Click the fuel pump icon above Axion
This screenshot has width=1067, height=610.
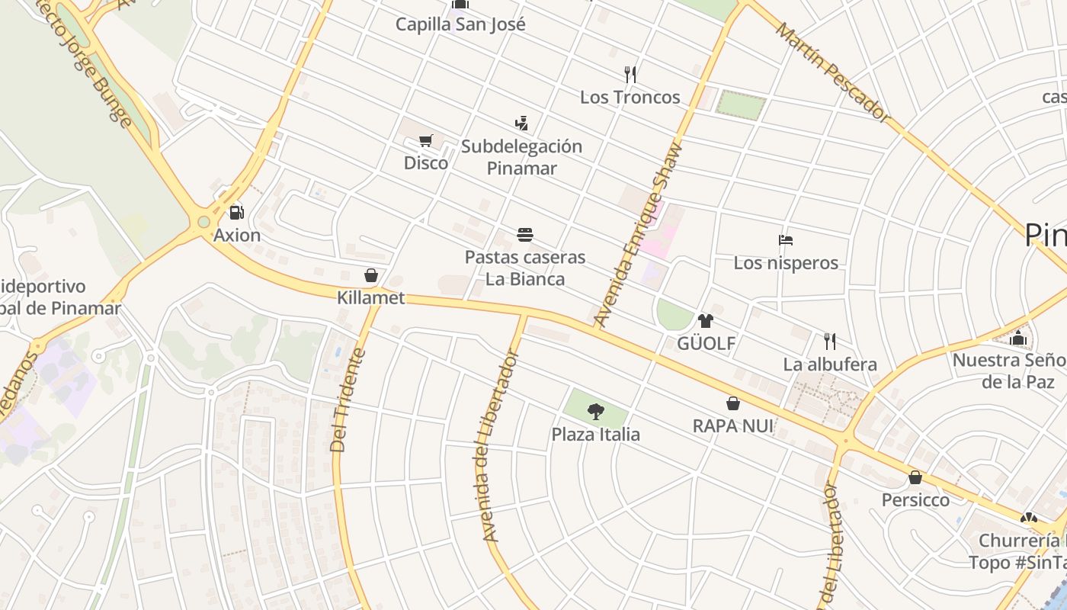click(x=236, y=213)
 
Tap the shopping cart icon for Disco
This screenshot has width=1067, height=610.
click(x=426, y=141)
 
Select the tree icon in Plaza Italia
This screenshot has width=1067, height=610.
click(x=596, y=412)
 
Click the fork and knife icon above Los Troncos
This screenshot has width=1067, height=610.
click(x=630, y=74)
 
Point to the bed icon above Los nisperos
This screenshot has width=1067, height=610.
click(x=786, y=240)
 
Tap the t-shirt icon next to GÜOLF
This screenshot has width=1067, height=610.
click(x=706, y=321)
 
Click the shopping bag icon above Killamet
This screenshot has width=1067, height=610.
click(x=371, y=275)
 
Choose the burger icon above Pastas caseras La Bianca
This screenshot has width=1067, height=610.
click(x=525, y=234)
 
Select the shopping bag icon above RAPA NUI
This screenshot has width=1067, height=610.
click(x=733, y=403)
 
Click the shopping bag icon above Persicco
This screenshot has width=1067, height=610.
click(x=915, y=478)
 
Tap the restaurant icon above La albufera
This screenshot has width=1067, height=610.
click(x=830, y=341)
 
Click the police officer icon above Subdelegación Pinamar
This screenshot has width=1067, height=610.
click(x=521, y=123)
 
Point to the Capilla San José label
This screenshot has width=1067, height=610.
click(x=460, y=24)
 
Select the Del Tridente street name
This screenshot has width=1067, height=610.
click(x=349, y=400)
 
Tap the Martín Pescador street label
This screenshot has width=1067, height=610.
click(x=833, y=72)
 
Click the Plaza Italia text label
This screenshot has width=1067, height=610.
click(x=596, y=435)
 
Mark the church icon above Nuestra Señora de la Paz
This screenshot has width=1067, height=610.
click(x=1018, y=338)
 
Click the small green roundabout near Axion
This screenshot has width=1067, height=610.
click(x=203, y=223)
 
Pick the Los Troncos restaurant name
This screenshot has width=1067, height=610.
click(x=630, y=97)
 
